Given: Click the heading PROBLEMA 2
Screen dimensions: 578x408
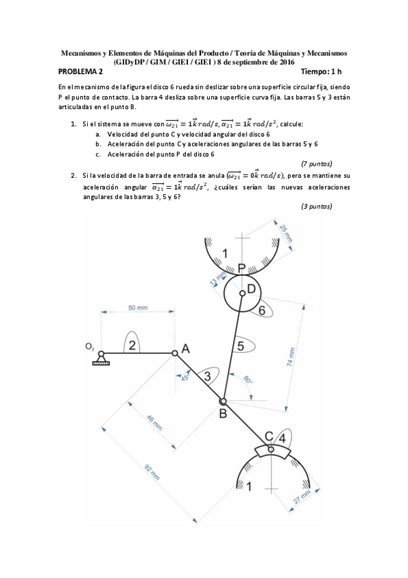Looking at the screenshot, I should (81, 71).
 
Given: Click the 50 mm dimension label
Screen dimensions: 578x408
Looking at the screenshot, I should (138, 309).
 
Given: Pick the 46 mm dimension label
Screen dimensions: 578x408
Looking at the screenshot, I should (155, 423).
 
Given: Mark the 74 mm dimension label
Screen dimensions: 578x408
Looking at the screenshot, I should (292, 356).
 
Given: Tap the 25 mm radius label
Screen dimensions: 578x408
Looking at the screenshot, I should (286, 232).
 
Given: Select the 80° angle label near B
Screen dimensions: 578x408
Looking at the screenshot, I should (248, 381).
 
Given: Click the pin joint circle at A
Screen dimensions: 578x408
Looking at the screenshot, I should (175, 353).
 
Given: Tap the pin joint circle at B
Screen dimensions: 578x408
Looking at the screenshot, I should (222, 401).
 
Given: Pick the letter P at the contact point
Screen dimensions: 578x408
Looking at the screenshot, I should (242, 268).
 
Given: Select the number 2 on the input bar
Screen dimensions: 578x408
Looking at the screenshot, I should (133, 345).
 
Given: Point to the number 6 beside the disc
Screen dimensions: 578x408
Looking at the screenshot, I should (262, 309).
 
